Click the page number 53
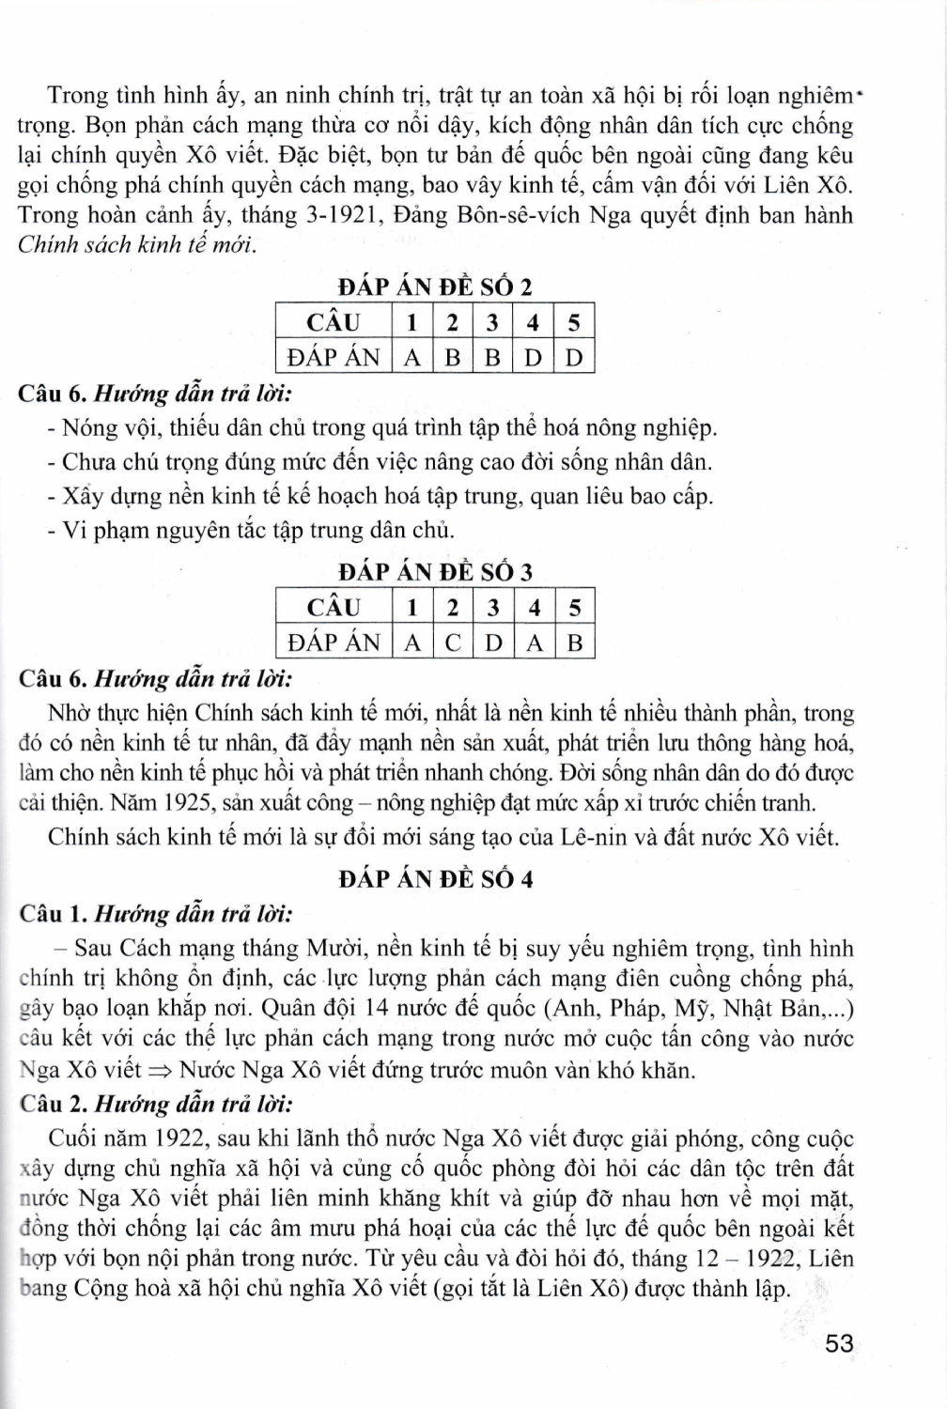coord(839,1344)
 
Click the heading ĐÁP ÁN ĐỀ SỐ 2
coord(435,286)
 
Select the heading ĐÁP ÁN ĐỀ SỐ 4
coord(435,879)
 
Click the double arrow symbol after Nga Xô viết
coord(160,1070)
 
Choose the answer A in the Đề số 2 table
coord(411,357)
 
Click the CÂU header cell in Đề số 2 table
coord(333,322)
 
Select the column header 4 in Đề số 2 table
coord(533,322)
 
